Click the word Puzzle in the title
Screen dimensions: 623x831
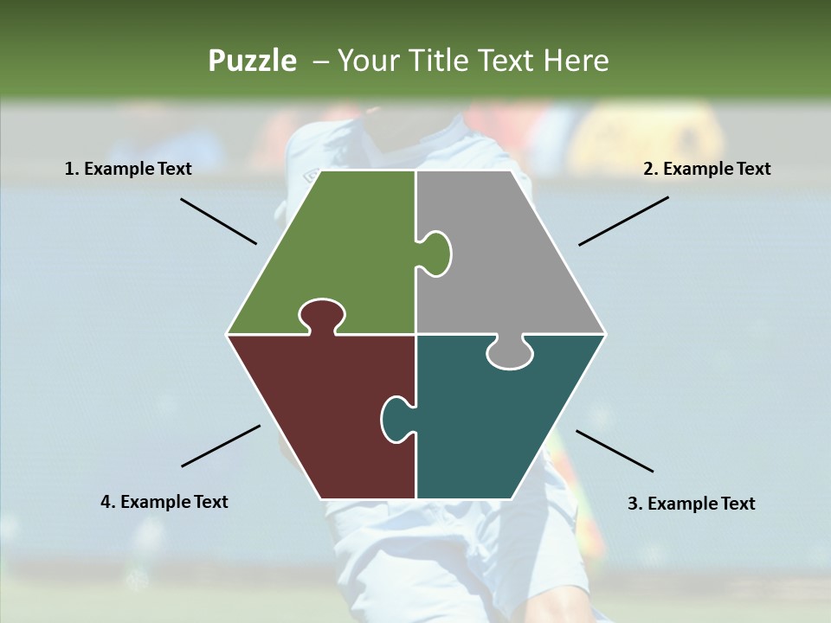click(x=252, y=61)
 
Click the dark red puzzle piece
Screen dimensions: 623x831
click(x=320, y=407)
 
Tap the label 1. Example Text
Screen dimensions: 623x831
click(x=128, y=169)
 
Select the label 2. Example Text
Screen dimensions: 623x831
click(x=706, y=169)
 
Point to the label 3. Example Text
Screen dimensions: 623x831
click(x=691, y=504)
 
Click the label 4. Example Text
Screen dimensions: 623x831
click(x=164, y=502)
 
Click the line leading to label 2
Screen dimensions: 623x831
click(x=623, y=221)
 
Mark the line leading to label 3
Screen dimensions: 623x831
click(x=615, y=451)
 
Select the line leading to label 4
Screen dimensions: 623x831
click(x=221, y=446)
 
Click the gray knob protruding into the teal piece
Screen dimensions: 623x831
click(x=509, y=353)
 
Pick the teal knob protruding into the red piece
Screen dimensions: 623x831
click(x=396, y=418)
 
